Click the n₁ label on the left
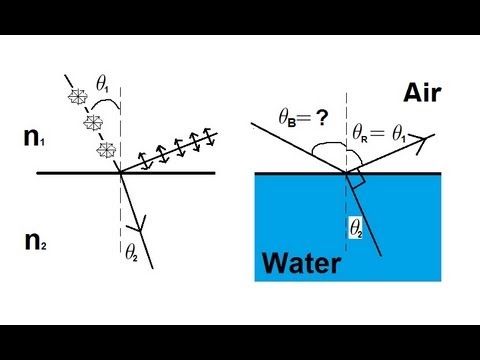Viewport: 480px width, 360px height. point(33,138)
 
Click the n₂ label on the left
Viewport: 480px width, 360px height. point(34,240)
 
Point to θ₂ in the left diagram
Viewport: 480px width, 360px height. point(131,251)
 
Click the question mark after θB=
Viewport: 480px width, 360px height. point(321,118)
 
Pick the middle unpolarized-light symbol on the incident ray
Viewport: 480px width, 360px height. point(91,123)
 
